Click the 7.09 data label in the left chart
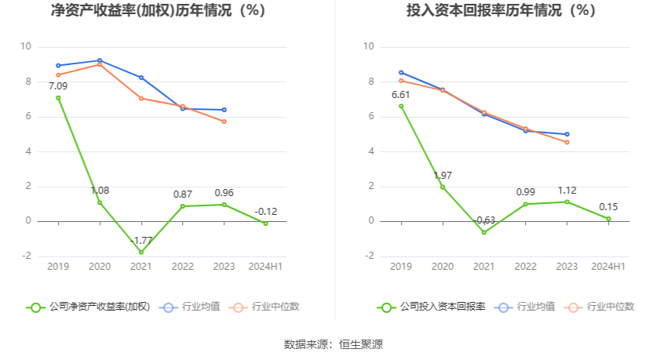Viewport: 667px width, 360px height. click(58, 86)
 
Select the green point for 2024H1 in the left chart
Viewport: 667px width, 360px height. click(266, 224)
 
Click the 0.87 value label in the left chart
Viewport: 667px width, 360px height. click(183, 194)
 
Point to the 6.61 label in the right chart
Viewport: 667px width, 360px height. click(401, 95)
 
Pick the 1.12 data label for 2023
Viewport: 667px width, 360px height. click(567, 191)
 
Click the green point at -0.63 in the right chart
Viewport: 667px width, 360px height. click(484, 232)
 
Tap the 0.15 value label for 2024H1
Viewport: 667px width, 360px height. click(609, 207)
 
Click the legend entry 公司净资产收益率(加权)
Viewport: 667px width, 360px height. click(88, 307)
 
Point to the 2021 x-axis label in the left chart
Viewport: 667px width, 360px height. click(141, 267)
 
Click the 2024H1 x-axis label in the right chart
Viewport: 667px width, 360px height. click(609, 267)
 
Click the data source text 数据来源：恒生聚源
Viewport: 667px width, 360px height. click(333, 344)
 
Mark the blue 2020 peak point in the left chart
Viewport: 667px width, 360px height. click(100, 60)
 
